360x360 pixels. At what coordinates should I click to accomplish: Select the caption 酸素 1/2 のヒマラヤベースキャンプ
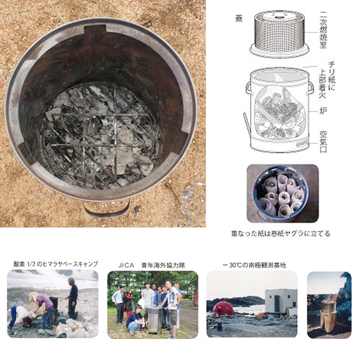click(x=54, y=264)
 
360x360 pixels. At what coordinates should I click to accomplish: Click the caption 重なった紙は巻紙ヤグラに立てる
click(x=280, y=233)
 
